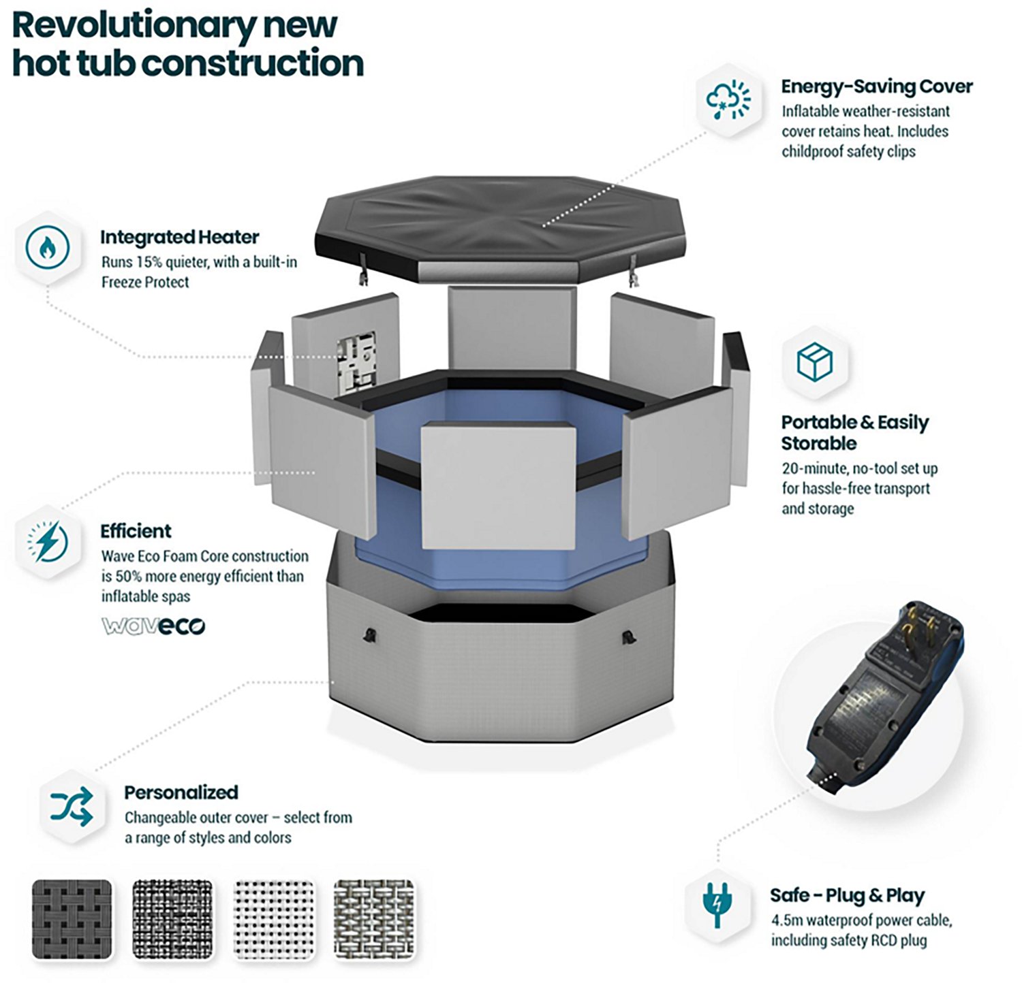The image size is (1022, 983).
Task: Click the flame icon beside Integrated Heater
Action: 47,247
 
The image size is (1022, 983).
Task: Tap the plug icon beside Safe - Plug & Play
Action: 717,904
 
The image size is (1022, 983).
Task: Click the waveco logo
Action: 153,626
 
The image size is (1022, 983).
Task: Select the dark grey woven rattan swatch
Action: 72,919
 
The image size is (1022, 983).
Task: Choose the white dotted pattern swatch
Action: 274,919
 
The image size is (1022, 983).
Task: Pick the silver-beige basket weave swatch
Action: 374,919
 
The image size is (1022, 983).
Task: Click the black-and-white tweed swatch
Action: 172,919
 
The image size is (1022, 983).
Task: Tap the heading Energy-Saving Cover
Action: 877,87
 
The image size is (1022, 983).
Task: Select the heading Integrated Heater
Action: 180,237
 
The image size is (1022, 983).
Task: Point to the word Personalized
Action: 181,792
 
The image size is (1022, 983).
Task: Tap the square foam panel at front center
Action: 498,485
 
